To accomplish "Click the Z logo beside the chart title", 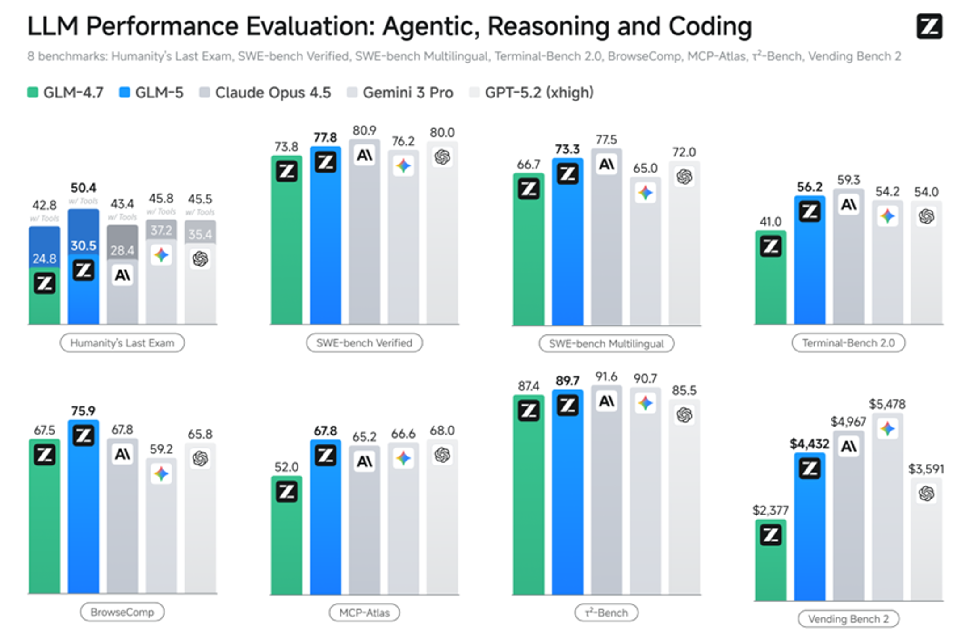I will pyautogui.click(x=929, y=26).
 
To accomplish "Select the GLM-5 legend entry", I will pyautogui.click(x=152, y=93).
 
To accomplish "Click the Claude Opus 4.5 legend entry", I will pyautogui.click(x=265, y=93).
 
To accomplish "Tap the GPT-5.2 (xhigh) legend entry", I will pyautogui.click(x=532, y=93).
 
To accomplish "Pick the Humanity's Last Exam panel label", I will pyautogui.click(x=122, y=343).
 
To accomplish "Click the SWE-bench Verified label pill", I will pyautogui.click(x=364, y=343).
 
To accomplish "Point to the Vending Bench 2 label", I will pyautogui.click(x=848, y=619).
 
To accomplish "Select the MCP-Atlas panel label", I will pyautogui.click(x=364, y=613).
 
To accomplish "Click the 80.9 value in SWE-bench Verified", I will pyautogui.click(x=364, y=131).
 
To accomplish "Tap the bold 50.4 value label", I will pyautogui.click(x=84, y=188).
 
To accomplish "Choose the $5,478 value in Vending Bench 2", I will pyautogui.click(x=887, y=404).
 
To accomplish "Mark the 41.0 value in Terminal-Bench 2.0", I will pyautogui.click(x=771, y=222).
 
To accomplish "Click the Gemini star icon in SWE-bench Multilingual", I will pyautogui.click(x=645, y=193).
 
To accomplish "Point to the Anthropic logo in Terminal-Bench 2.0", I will pyautogui.click(x=848, y=205).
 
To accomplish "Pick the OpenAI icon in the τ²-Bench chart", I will pyautogui.click(x=684, y=415).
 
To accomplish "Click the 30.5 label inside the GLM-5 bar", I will pyautogui.click(x=84, y=245).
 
